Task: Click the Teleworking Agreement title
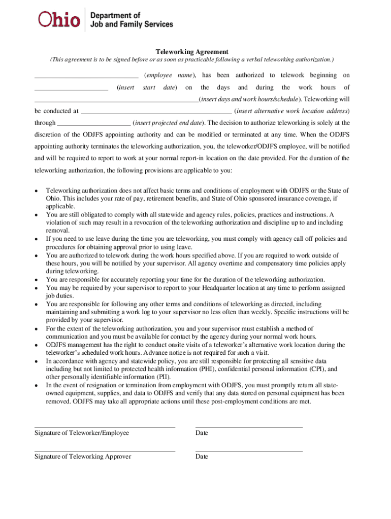coord(192,52)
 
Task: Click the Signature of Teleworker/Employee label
coord(82,433)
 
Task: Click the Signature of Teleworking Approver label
coord(83,456)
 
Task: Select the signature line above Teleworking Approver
coord(105,451)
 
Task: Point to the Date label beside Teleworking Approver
coord(202,456)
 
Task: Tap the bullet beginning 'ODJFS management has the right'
coord(37,345)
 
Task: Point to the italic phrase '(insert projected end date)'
coord(168,123)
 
